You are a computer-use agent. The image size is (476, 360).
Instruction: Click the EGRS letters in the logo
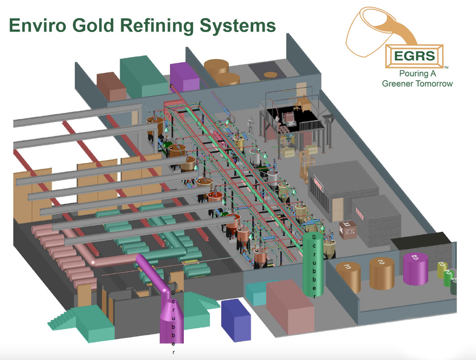(x=414, y=56)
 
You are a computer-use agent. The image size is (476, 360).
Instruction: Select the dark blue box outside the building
(x=236, y=320)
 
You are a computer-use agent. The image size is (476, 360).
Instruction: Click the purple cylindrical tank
(x=415, y=268)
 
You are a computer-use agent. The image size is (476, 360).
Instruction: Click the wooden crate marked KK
(x=348, y=230)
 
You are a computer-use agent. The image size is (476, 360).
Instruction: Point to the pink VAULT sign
(x=359, y=212)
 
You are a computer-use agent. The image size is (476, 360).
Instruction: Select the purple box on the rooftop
(x=183, y=77)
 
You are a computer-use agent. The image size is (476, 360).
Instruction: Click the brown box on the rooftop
(x=111, y=87)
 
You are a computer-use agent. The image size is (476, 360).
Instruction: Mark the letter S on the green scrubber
(x=313, y=237)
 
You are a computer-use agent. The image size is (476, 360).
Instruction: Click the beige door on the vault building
(x=338, y=210)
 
